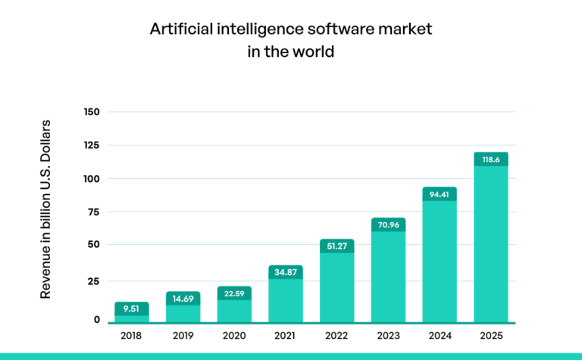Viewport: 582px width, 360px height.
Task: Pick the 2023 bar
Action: [388, 277]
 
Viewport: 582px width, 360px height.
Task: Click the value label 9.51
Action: [132, 308]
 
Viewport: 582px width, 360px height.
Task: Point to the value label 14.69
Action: [183, 298]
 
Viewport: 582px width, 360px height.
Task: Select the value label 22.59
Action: [234, 293]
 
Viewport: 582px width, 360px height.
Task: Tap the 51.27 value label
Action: [337, 246]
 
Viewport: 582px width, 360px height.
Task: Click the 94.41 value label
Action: [440, 194]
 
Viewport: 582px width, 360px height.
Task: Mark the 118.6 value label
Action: [491, 159]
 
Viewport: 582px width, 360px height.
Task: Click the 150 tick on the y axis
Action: [92, 112]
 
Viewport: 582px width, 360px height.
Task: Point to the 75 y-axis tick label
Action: [94, 211]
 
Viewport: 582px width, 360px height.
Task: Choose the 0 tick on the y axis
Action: [97, 319]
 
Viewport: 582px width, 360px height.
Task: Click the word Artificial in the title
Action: [176, 30]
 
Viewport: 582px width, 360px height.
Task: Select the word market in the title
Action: [406, 30]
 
